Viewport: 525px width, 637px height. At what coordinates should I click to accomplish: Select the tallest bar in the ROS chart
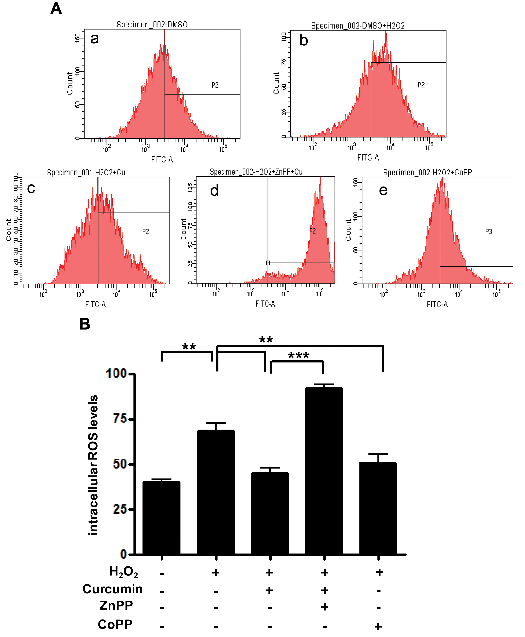click(x=324, y=471)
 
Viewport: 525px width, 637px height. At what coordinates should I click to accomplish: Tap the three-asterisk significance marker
click(x=299, y=356)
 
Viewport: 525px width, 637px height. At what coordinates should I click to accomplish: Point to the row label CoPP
click(x=115, y=624)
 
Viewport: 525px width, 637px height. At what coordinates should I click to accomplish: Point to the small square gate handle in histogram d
click(x=268, y=263)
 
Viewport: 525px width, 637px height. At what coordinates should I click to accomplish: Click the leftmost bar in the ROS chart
click(x=161, y=518)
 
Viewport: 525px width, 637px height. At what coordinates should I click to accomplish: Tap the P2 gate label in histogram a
click(x=215, y=85)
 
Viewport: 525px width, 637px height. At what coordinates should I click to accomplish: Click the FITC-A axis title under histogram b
click(x=368, y=158)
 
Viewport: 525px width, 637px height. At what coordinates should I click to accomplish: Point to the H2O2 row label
click(x=123, y=572)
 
